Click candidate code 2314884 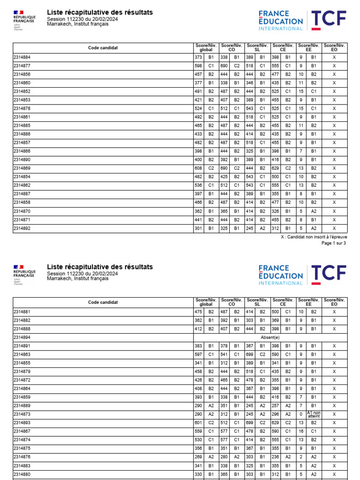point(22,58)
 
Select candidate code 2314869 point(22,168)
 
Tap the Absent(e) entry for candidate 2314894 point(270,337)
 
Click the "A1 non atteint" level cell point(314,414)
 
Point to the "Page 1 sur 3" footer point(333,243)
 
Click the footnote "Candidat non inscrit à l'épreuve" point(314,237)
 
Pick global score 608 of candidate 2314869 point(198,168)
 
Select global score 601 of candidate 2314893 point(198,423)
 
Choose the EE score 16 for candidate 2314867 point(301,431)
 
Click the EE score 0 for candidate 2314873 point(301,414)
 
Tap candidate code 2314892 point(22,228)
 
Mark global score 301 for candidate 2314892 point(198,228)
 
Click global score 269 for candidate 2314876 point(198,457)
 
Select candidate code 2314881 point(22,312)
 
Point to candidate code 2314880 point(22,474)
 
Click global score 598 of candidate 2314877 point(198,66)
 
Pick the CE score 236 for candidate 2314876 point(275,457)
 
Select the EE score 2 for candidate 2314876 point(301,457)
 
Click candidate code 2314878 point(22,109)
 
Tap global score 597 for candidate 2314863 point(198,354)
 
